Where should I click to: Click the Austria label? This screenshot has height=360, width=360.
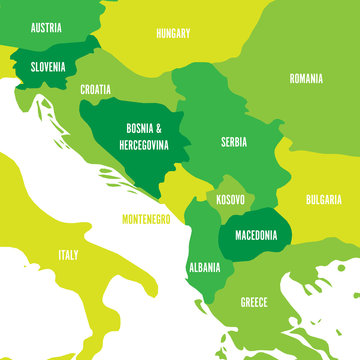click(47, 28)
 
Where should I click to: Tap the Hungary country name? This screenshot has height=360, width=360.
click(173, 34)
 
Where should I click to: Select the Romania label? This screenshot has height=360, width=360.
click(307, 78)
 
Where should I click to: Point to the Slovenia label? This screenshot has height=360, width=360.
click(47, 67)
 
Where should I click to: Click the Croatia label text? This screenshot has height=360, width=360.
click(96, 90)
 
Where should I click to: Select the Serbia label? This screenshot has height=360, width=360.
click(234, 142)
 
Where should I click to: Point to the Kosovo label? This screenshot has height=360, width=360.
click(231, 200)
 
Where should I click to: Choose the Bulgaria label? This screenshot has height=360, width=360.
click(324, 199)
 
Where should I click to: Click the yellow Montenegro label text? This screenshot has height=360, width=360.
click(146, 218)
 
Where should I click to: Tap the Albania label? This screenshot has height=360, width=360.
click(204, 268)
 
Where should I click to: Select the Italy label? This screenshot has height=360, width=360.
click(68, 255)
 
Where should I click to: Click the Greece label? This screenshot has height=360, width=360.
click(253, 301)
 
